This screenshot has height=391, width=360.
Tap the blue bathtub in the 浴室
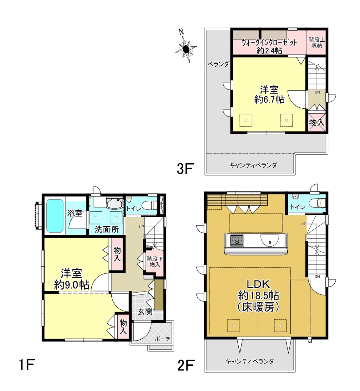55,216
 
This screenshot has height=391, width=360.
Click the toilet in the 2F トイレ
318,203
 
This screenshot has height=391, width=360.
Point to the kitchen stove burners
237,240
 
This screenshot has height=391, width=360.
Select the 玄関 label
145,311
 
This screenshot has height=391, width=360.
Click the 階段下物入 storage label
155,262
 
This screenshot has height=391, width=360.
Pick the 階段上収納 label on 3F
317,43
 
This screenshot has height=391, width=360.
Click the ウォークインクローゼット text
269,43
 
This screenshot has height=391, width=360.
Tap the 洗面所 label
107,229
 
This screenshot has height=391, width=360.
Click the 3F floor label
185,168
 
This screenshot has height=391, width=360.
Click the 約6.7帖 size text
269,100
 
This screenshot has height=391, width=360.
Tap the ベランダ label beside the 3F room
218,64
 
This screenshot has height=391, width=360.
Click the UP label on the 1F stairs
141,226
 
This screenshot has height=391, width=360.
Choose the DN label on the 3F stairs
317,92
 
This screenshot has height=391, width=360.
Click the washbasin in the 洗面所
114,203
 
